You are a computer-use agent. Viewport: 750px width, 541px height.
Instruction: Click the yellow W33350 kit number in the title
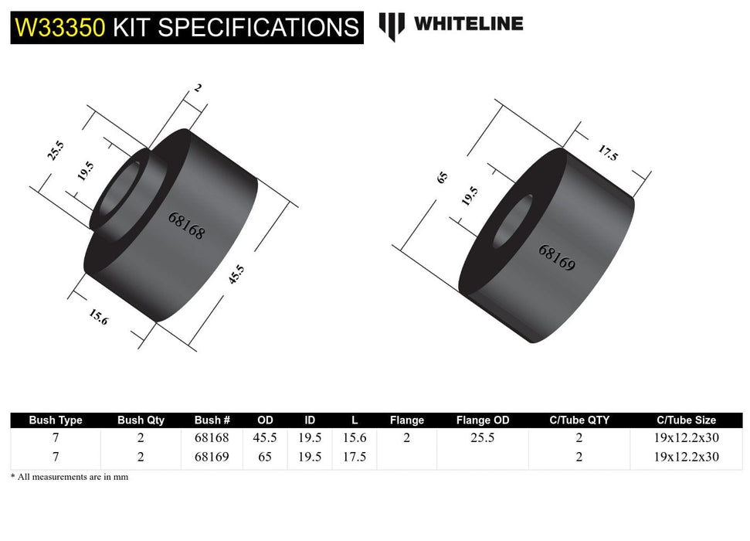click(60, 28)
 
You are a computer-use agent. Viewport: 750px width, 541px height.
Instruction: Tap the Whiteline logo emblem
click(392, 26)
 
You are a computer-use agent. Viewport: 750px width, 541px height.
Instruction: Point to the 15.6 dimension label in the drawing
click(98, 316)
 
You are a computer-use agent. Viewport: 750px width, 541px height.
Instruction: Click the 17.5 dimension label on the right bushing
click(608, 153)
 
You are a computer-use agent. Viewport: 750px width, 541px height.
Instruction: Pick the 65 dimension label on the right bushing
click(443, 177)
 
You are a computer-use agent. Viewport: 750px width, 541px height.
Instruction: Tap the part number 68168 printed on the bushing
click(186, 225)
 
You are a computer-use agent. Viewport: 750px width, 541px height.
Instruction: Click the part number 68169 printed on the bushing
click(557, 258)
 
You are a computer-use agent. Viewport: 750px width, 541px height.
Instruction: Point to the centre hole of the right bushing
click(512, 221)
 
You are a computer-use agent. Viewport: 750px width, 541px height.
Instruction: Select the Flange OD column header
click(483, 420)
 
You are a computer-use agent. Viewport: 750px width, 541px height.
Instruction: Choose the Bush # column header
click(212, 420)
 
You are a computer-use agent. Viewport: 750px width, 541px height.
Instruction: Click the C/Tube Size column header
click(686, 420)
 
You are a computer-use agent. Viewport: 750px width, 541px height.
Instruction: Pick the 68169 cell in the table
click(212, 457)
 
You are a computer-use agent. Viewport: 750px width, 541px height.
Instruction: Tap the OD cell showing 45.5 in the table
click(265, 437)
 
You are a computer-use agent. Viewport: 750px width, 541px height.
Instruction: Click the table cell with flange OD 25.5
click(483, 437)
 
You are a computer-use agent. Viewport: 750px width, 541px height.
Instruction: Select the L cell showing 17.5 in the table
click(355, 457)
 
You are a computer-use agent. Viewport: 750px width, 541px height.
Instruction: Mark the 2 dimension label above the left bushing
click(199, 88)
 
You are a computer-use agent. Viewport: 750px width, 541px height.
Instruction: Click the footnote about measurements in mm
click(70, 477)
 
